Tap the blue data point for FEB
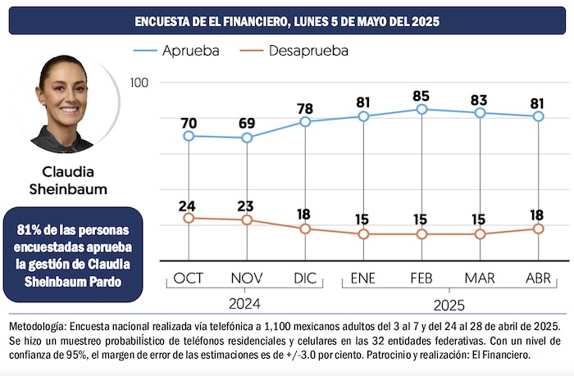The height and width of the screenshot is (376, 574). click(421, 109)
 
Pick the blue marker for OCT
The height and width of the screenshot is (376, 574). click(189, 136)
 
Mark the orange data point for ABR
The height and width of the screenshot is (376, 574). click(538, 229)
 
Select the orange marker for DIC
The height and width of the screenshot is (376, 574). click(305, 229)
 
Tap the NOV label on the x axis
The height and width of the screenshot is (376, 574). click(247, 279)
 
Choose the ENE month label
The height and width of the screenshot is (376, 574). click(363, 279)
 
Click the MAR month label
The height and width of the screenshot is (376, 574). click(480, 279)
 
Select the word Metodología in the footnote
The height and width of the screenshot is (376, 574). click(39, 318)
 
